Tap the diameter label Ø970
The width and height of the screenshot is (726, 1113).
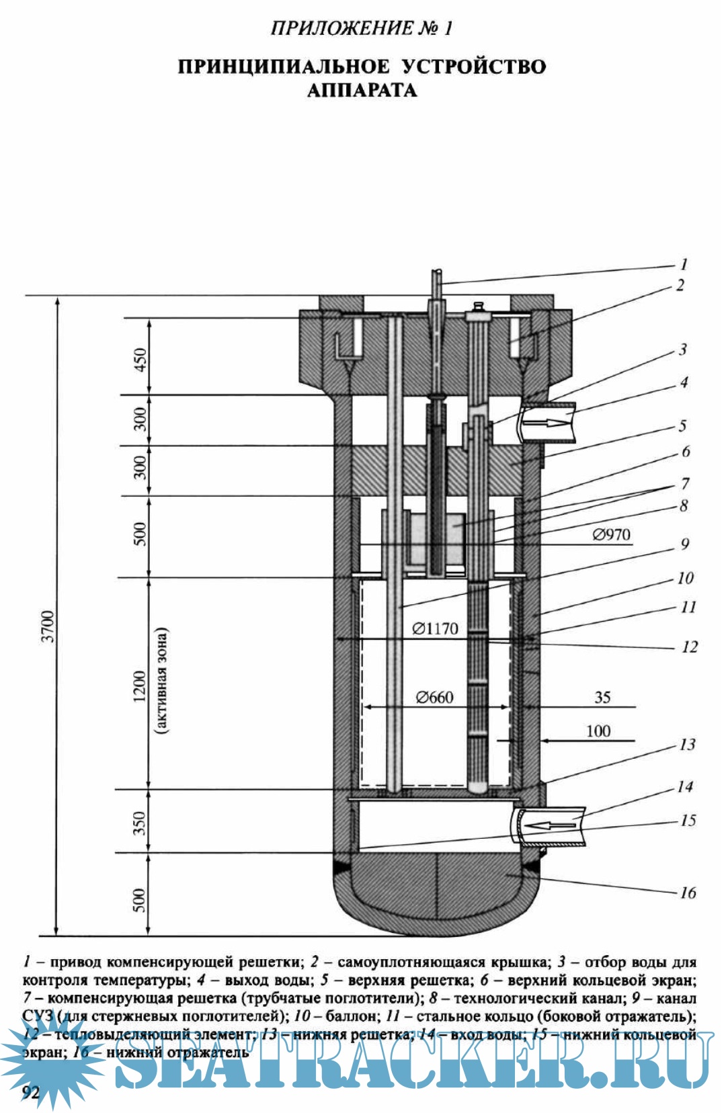(x=611, y=534)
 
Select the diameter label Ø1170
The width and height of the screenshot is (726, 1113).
(x=435, y=628)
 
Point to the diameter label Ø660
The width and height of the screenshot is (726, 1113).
(x=435, y=697)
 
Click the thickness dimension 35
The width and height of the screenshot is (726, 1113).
(x=602, y=697)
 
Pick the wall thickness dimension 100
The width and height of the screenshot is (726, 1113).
(x=598, y=731)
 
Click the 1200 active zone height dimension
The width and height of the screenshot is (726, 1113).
(x=140, y=685)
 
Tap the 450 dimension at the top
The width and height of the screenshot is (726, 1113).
(x=140, y=362)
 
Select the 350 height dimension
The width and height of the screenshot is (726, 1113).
(x=140, y=823)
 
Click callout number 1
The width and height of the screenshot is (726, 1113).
(x=684, y=264)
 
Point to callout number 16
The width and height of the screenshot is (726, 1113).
(x=688, y=893)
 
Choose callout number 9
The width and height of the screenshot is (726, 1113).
(x=685, y=543)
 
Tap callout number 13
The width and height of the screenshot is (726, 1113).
(x=687, y=744)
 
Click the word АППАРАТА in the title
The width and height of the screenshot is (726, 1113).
(x=362, y=90)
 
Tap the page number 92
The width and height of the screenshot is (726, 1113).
(x=31, y=1092)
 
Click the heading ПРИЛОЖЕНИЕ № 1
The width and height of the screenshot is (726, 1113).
(x=362, y=28)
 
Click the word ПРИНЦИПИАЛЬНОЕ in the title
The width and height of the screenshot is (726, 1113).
(x=283, y=67)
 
